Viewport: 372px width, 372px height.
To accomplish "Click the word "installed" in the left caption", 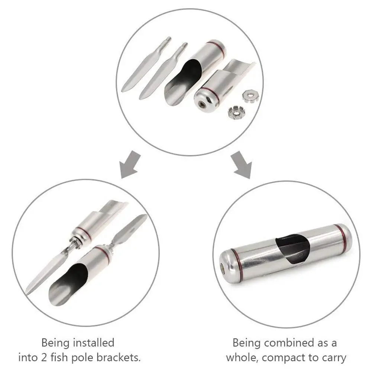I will (93, 342).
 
